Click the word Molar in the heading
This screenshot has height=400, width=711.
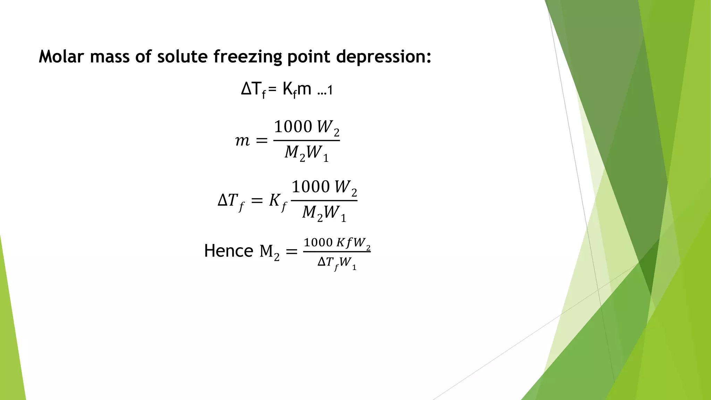pyautogui.click(x=61, y=56)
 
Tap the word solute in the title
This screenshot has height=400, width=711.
pyautogui.click(x=182, y=56)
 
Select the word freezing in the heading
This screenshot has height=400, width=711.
pyautogui.click(x=248, y=57)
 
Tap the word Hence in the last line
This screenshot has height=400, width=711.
pyautogui.click(x=228, y=251)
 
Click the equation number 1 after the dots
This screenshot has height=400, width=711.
pyautogui.click(x=330, y=91)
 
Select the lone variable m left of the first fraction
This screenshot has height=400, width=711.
pyautogui.click(x=242, y=141)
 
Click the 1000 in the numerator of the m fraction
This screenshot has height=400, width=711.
pyautogui.click(x=293, y=126)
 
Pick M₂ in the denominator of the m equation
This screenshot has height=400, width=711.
pyautogui.click(x=295, y=153)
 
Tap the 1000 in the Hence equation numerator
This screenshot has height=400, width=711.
pyautogui.click(x=318, y=242)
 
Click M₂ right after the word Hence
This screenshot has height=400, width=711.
pyautogui.click(x=269, y=251)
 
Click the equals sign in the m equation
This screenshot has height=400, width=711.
pyautogui.click(x=261, y=141)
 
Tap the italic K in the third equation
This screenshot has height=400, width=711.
pyautogui.click(x=276, y=200)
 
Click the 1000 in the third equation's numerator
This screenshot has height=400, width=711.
pyautogui.click(x=310, y=187)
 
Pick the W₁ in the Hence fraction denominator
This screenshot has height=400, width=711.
pyautogui.click(x=348, y=263)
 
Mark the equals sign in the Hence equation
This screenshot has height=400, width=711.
pyautogui.click(x=291, y=251)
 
